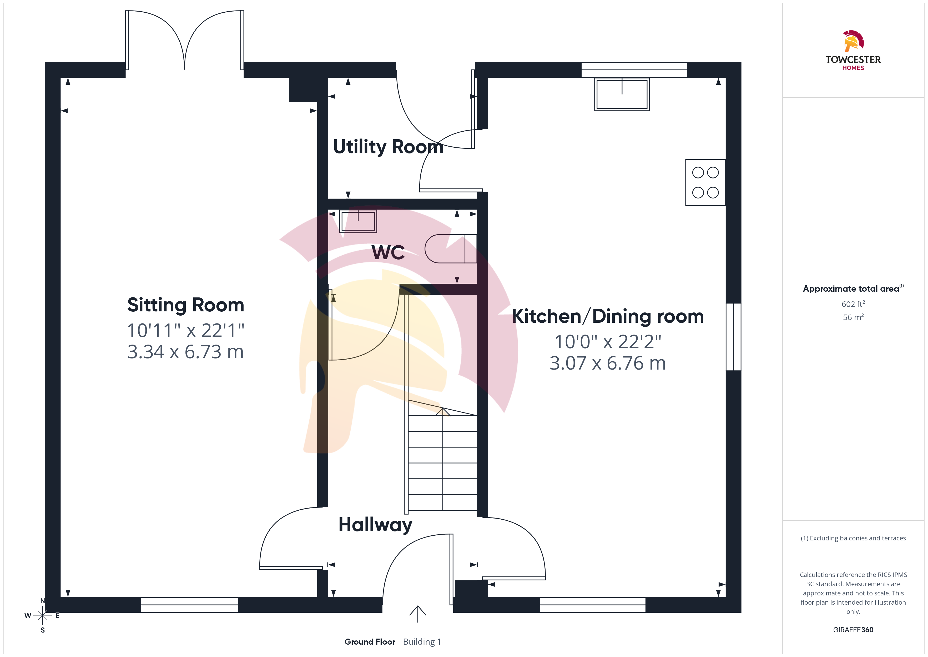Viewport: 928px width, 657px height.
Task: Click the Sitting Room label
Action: tap(185, 305)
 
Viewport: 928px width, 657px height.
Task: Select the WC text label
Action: tap(388, 252)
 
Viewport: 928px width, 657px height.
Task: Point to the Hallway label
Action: tap(375, 525)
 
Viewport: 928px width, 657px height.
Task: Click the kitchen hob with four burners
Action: tap(705, 182)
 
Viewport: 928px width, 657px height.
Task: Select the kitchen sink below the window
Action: tap(622, 94)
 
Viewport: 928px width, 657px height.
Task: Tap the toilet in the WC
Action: tap(451, 249)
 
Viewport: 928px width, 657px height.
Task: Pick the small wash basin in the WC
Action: tap(358, 221)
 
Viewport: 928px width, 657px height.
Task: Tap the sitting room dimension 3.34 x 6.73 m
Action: tap(185, 352)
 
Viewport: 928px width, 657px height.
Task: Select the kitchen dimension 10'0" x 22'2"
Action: tap(607, 342)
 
